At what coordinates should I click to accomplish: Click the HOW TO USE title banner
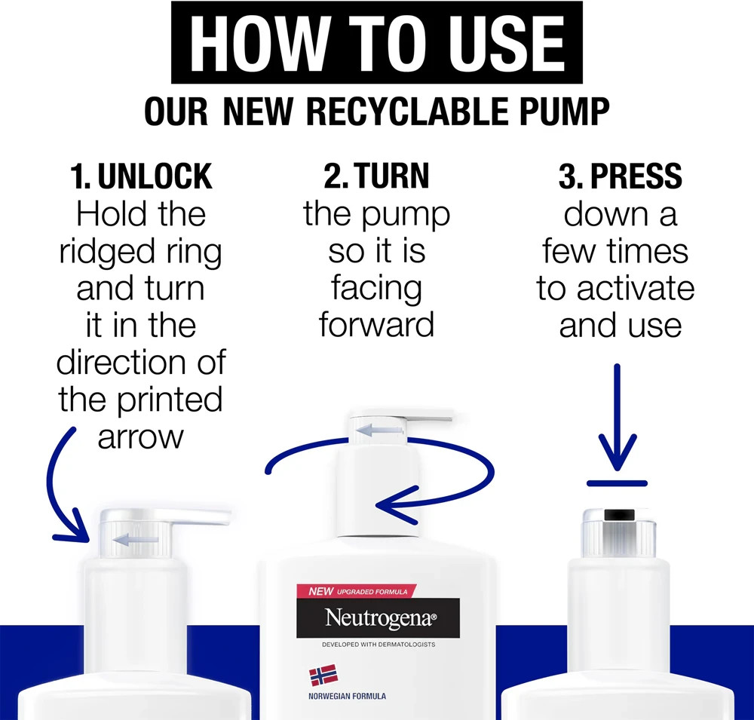point(376,42)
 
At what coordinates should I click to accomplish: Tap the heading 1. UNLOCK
point(141,176)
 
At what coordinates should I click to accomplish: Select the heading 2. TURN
point(376,176)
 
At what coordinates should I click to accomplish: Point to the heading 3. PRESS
point(621,176)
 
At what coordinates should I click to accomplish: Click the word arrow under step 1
point(140,438)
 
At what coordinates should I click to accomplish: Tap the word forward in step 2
point(376,325)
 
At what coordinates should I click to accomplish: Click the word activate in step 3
point(636,289)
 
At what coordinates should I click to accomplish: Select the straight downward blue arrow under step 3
point(618,418)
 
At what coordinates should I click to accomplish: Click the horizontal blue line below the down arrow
point(617,483)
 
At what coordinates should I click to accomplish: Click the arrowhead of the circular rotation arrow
point(397,505)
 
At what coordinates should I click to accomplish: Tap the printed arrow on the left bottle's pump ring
point(135,540)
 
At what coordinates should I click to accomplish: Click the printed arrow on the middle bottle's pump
point(379,430)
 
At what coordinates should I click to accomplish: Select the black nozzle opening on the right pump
point(619,515)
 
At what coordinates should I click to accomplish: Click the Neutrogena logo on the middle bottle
point(378,618)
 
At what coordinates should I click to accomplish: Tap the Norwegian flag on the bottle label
point(323,675)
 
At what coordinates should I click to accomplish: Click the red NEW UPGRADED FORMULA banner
point(357,591)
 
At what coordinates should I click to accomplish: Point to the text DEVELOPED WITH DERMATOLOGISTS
point(379,645)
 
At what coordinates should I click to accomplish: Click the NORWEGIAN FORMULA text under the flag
point(347,696)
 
